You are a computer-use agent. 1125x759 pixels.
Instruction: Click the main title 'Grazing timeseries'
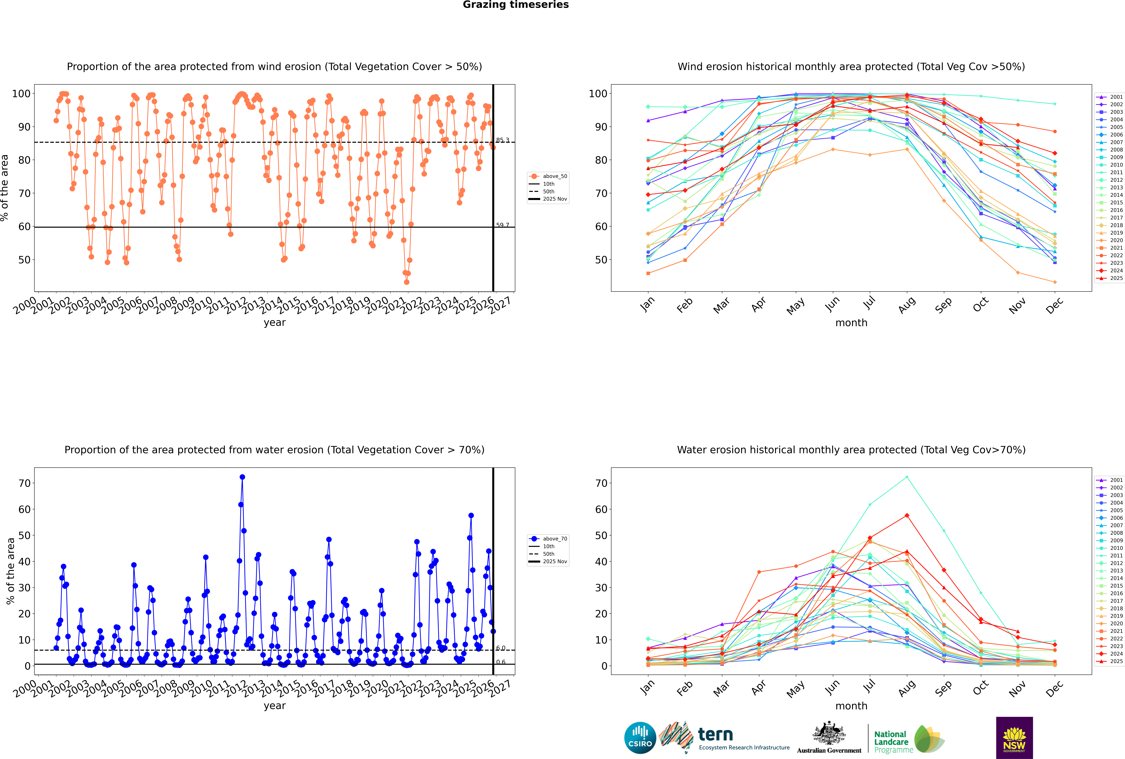[516, 5]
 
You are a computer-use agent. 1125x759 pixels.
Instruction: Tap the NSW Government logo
[1014, 737]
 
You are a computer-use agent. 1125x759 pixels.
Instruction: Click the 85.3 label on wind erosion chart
[503, 140]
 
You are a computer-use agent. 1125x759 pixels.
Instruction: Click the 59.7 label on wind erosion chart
[503, 225]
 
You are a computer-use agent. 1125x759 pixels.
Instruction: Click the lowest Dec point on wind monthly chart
[1055, 282]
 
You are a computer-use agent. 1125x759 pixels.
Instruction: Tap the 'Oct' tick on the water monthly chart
[980, 687]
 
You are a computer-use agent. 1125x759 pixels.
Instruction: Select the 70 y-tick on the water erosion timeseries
[24, 483]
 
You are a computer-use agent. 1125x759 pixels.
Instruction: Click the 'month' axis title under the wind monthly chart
[851, 323]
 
